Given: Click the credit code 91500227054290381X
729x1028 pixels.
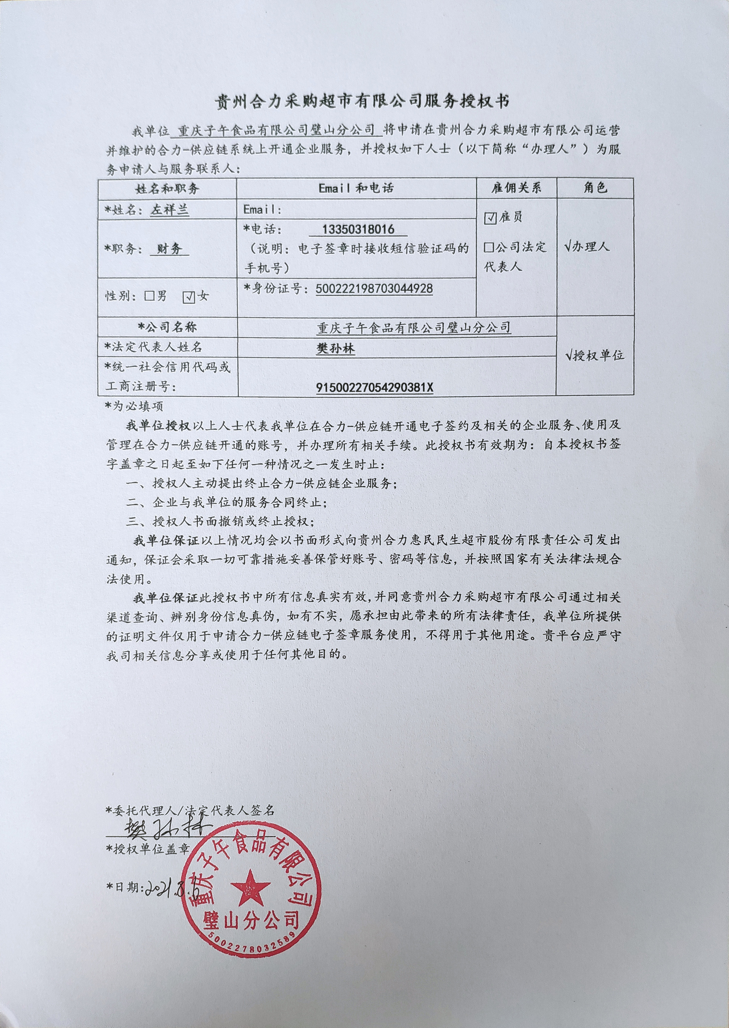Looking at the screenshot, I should tap(375, 387).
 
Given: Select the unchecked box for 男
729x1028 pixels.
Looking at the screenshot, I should tap(149, 296).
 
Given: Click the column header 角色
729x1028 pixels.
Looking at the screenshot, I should tap(595, 188).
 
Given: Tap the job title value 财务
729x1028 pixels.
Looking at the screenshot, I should tap(169, 249).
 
